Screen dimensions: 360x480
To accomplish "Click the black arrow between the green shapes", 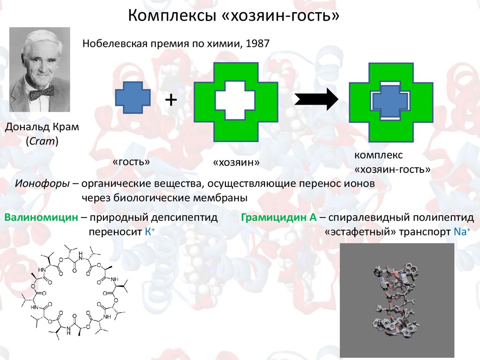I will (x=316, y=99).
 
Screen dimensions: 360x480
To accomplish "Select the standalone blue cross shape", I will (x=133, y=97).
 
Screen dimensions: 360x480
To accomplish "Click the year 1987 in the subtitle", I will (x=256, y=44).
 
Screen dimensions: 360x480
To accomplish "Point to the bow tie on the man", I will (x=41, y=93).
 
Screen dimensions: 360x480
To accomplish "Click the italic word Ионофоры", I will (x=42, y=183).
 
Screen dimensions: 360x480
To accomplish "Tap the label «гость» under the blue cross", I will (x=131, y=162).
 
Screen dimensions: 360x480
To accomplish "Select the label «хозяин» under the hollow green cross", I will (x=236, y=163).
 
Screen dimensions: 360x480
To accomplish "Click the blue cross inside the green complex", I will (x=390, y=101).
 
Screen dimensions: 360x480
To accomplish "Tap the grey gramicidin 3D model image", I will (x=397, y=300).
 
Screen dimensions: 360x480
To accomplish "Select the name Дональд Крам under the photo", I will (x=42, y=127).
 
